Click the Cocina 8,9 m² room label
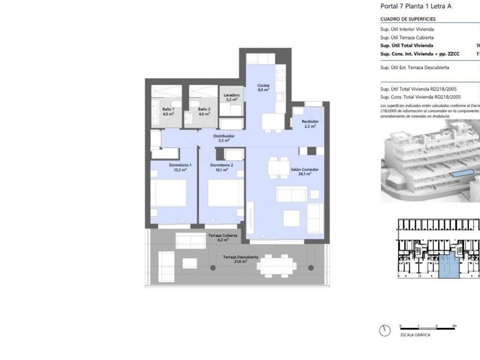(263, 87)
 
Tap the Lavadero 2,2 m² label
(232, 97)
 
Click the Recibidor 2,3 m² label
(310, 124)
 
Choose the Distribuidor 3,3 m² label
(224, 138)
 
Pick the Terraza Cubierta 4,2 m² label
(222, 237)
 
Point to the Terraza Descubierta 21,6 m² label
(241, 259)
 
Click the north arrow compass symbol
(385, 330)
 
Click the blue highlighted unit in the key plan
(450, 266)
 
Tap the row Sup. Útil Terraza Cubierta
(407, 37)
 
